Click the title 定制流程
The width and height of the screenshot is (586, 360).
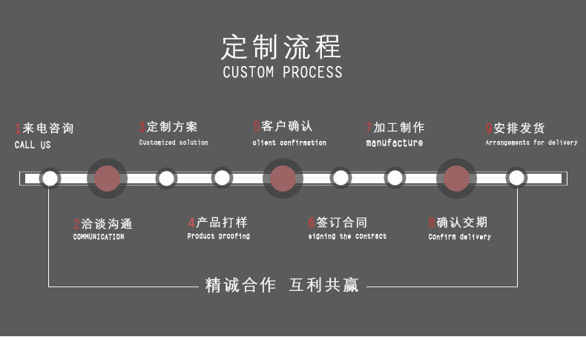pos(282,46)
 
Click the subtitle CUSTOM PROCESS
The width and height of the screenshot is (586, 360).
pos(283,72)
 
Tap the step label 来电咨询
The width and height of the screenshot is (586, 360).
pos(48,128)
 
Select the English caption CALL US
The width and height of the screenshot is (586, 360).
pos(33,145)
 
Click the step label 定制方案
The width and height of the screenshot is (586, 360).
pos(172,127)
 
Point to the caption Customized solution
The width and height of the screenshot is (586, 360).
pos(174,143)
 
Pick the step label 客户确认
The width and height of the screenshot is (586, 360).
pos(287,126)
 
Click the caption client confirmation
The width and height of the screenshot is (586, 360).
pos(289,143)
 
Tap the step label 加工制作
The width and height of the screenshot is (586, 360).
pos(399,127)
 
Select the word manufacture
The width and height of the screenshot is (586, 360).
pos(395,143)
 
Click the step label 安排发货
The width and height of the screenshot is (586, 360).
pos(519,128)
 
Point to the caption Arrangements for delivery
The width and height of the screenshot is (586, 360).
pos(531,143)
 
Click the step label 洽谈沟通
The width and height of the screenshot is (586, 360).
pos(107,223)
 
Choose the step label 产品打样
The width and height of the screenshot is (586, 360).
pos(222,222)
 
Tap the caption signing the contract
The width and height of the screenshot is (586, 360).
pos(347,237)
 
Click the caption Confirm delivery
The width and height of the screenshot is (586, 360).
pos(459,237)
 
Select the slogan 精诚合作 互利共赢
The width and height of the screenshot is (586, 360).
pos(282,285)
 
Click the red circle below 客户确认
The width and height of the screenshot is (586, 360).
pos(283,178)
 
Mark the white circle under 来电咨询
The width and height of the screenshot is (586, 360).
pos(50,178)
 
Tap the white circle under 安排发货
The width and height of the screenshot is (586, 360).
pos(516,178)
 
